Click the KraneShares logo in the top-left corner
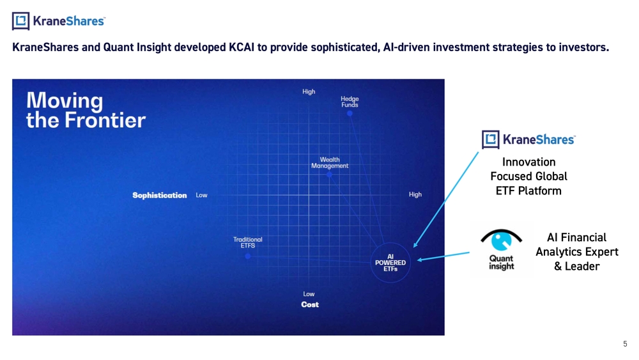click(x=59, y=21)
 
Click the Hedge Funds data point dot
click(x=350, y=113)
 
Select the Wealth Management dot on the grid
click(x=329, y=175)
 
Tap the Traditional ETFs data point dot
click(x=248, y=256)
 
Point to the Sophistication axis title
click(x=159, y=195)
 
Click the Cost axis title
click(x=310, y=304)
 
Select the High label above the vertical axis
click(x=309, y=91)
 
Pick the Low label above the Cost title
click(x=309, y=294)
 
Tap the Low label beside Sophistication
click(x=201, y=195)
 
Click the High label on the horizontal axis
click(x=415, y=194)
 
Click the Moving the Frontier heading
click(x=86, y=110)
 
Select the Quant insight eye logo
click(x=501, y=250)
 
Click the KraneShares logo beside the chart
click(x=528, y=139)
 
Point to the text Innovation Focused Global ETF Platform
click(x=528, y=176)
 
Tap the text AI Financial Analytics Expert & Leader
click(x=576, y=251)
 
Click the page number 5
click(x=625, y=343)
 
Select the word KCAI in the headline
click(x=242, y=47)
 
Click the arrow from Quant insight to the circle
click(x=443, y=256)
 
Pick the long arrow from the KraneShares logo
click(x=446, y=200)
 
